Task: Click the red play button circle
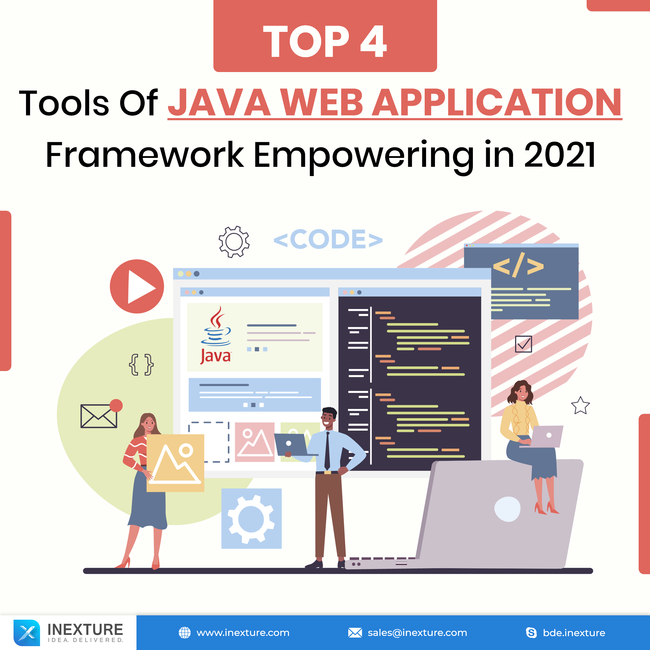[137, 286]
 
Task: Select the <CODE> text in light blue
[328, 239]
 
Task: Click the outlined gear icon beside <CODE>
[234, 242]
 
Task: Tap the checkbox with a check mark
[524, 344]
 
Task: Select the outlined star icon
[580, 405]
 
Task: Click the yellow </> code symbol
[518, 265]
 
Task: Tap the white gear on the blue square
[251, 519]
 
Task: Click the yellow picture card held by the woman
[175, 463]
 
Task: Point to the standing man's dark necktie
[327, 451]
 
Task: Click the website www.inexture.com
[243, 633]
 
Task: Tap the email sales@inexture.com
[417, 633]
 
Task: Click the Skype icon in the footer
[531, 633]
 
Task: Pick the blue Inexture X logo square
[27, 633]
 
